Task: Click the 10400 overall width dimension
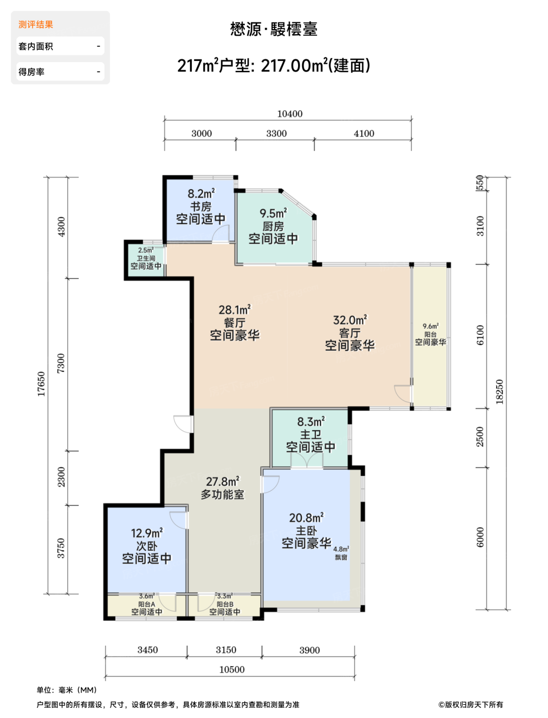[289, 114]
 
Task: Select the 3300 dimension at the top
[276, 133]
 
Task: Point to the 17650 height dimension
[41, 384]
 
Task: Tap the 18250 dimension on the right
[499, 391]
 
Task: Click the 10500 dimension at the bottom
[231, 669]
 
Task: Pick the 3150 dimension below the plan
[226, 650]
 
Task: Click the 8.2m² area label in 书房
[201, 193]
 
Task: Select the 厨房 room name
[273, 226]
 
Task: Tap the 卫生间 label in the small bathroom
[146, 258]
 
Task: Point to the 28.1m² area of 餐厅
[234, 309]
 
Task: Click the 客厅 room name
[350, 333]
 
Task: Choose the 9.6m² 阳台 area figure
[430, 326]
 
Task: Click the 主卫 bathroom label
[311, 434]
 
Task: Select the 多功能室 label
[223, 494]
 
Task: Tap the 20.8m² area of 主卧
[306, 517]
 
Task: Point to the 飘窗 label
[341, 557]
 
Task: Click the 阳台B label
[225, 604]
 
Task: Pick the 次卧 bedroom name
[147, 546]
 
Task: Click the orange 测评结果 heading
[35, 25]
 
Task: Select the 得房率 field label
[31, 72]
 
